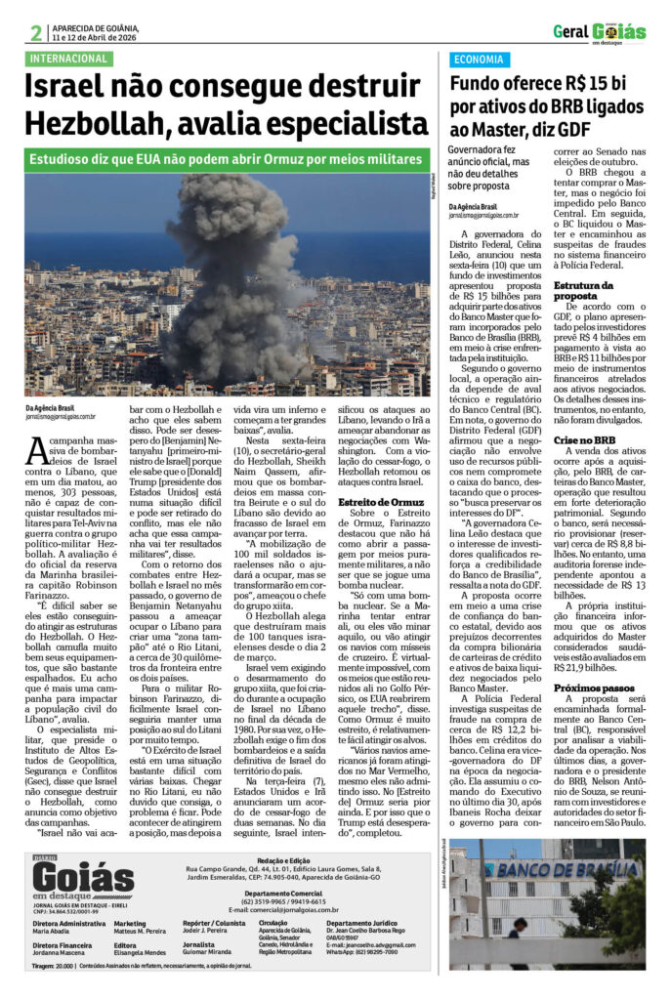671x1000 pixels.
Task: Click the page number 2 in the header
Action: point(35,33)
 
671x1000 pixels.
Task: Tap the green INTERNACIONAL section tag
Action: point(68,59)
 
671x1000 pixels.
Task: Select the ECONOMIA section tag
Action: point(479,59)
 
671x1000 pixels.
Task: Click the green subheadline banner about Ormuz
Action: point(227,159)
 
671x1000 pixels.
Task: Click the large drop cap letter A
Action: point(36,452)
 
